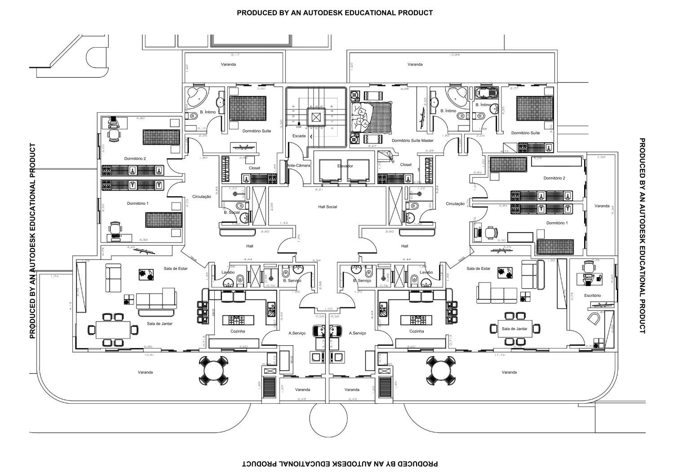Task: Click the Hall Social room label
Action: (x=327, y=207)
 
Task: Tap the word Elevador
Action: (x=345, y=166)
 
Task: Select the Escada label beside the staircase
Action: (x=299, y=136)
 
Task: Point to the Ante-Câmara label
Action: (x=298, y=166)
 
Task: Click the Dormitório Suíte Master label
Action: (x=412, y=141)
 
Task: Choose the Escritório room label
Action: (x=592, y=295)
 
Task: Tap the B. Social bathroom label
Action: (x=232, y=212)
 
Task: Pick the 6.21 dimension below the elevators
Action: (x=319, y=190)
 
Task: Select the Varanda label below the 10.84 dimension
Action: (x=415, y=65)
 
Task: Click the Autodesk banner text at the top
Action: (x=335, y=13)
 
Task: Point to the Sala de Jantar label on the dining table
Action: (x=514, y=329)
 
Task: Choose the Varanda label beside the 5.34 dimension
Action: (x=602, y=206)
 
